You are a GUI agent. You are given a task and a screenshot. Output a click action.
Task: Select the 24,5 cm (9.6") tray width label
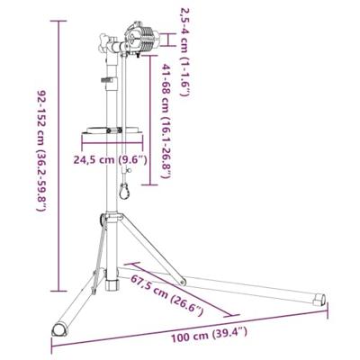pos(111,159)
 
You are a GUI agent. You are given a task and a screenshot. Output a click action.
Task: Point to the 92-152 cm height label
pos(41,149)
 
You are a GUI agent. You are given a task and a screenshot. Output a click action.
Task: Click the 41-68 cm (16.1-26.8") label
pos(166,121)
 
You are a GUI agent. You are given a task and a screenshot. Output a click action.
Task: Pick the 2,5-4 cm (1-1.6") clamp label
pos(184,51)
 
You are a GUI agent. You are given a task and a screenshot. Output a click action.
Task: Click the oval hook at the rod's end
pos(123,192)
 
